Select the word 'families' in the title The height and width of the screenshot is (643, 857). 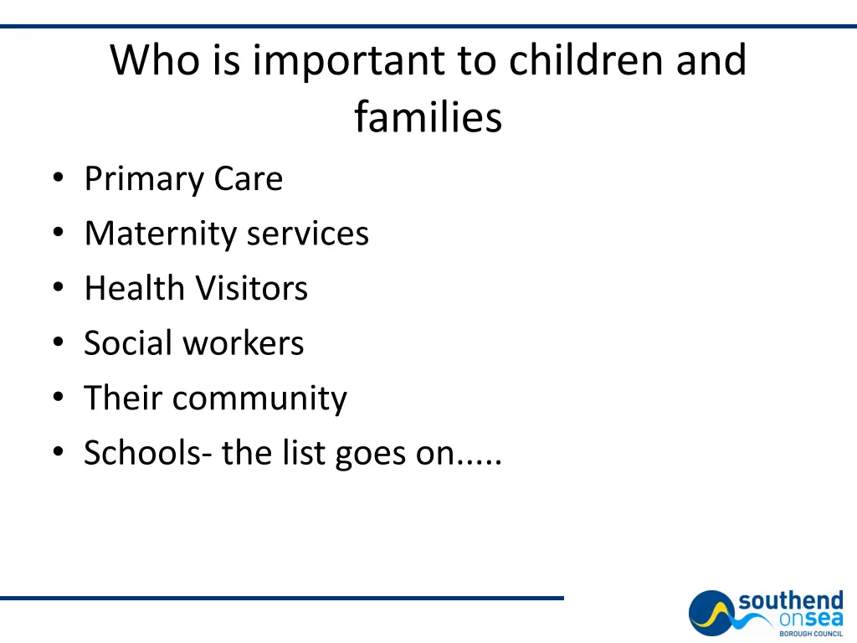[x=428, y=116]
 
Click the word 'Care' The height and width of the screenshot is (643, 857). [x=249, y=179]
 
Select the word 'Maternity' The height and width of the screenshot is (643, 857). [x=158, y=234]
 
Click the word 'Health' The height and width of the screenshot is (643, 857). [x=135, y=289]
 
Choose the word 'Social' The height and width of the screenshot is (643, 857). [x=128, y=343]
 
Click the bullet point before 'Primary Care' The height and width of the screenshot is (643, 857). [x=57, y=178]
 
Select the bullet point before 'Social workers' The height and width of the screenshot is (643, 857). [x=57, y=342]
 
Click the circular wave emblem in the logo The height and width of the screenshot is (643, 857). [x=712, y=615]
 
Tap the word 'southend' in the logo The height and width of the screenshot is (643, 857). [x=790, y=601]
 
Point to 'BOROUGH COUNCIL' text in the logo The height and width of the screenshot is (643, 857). [x=811, y=634]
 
